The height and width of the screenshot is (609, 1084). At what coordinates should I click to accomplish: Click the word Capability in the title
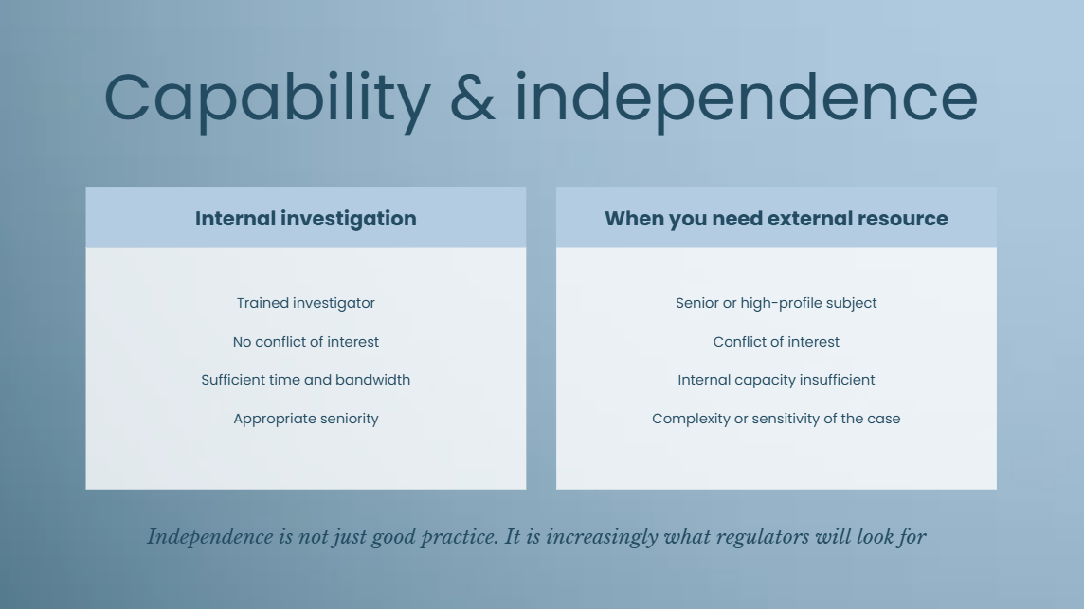coord(267,101)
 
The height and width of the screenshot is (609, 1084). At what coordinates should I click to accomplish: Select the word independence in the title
coord(747,101)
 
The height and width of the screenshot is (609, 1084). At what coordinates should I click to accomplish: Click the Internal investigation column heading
coord(305,219)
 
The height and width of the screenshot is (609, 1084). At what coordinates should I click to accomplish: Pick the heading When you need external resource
coord(776,219)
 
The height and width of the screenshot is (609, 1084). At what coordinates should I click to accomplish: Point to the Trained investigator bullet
coord(305,303)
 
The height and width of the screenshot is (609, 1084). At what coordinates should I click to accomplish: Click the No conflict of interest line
coord(305,342)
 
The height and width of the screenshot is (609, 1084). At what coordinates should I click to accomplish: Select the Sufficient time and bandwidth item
coord(305,380)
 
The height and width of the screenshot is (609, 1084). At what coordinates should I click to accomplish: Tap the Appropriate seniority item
coord(305,419)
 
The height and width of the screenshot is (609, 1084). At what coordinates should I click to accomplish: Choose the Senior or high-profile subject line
coord(776,303)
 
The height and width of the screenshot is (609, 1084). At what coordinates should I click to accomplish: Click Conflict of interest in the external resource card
coord(776,342)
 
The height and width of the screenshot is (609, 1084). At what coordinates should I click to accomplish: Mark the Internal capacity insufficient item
coord(776,380)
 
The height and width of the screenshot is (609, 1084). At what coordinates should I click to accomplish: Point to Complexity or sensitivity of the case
coord(776,419)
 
